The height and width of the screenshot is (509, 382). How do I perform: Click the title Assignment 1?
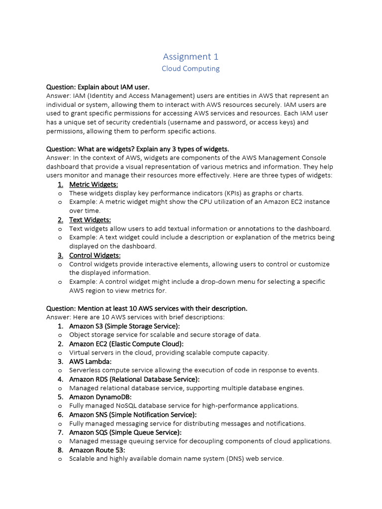[191, 56]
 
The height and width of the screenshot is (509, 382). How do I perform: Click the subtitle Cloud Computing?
[191, 69]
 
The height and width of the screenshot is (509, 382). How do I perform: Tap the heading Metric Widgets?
[94, 184]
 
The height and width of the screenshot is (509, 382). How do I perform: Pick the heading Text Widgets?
[90, 220]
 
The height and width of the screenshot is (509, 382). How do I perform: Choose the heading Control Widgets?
[95, 255]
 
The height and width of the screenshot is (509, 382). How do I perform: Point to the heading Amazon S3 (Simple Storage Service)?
[124, 326]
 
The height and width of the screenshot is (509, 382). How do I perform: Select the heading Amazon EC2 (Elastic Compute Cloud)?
[126, 344]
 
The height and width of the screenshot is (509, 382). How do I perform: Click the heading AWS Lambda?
[91, 361]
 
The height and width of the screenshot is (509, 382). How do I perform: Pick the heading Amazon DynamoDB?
[100, 397]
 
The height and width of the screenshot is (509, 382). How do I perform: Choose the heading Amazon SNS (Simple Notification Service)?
[133, 415]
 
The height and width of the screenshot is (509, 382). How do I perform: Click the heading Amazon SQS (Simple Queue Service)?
[125, 432]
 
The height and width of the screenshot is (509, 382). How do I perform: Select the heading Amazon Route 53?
[97, 450]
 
